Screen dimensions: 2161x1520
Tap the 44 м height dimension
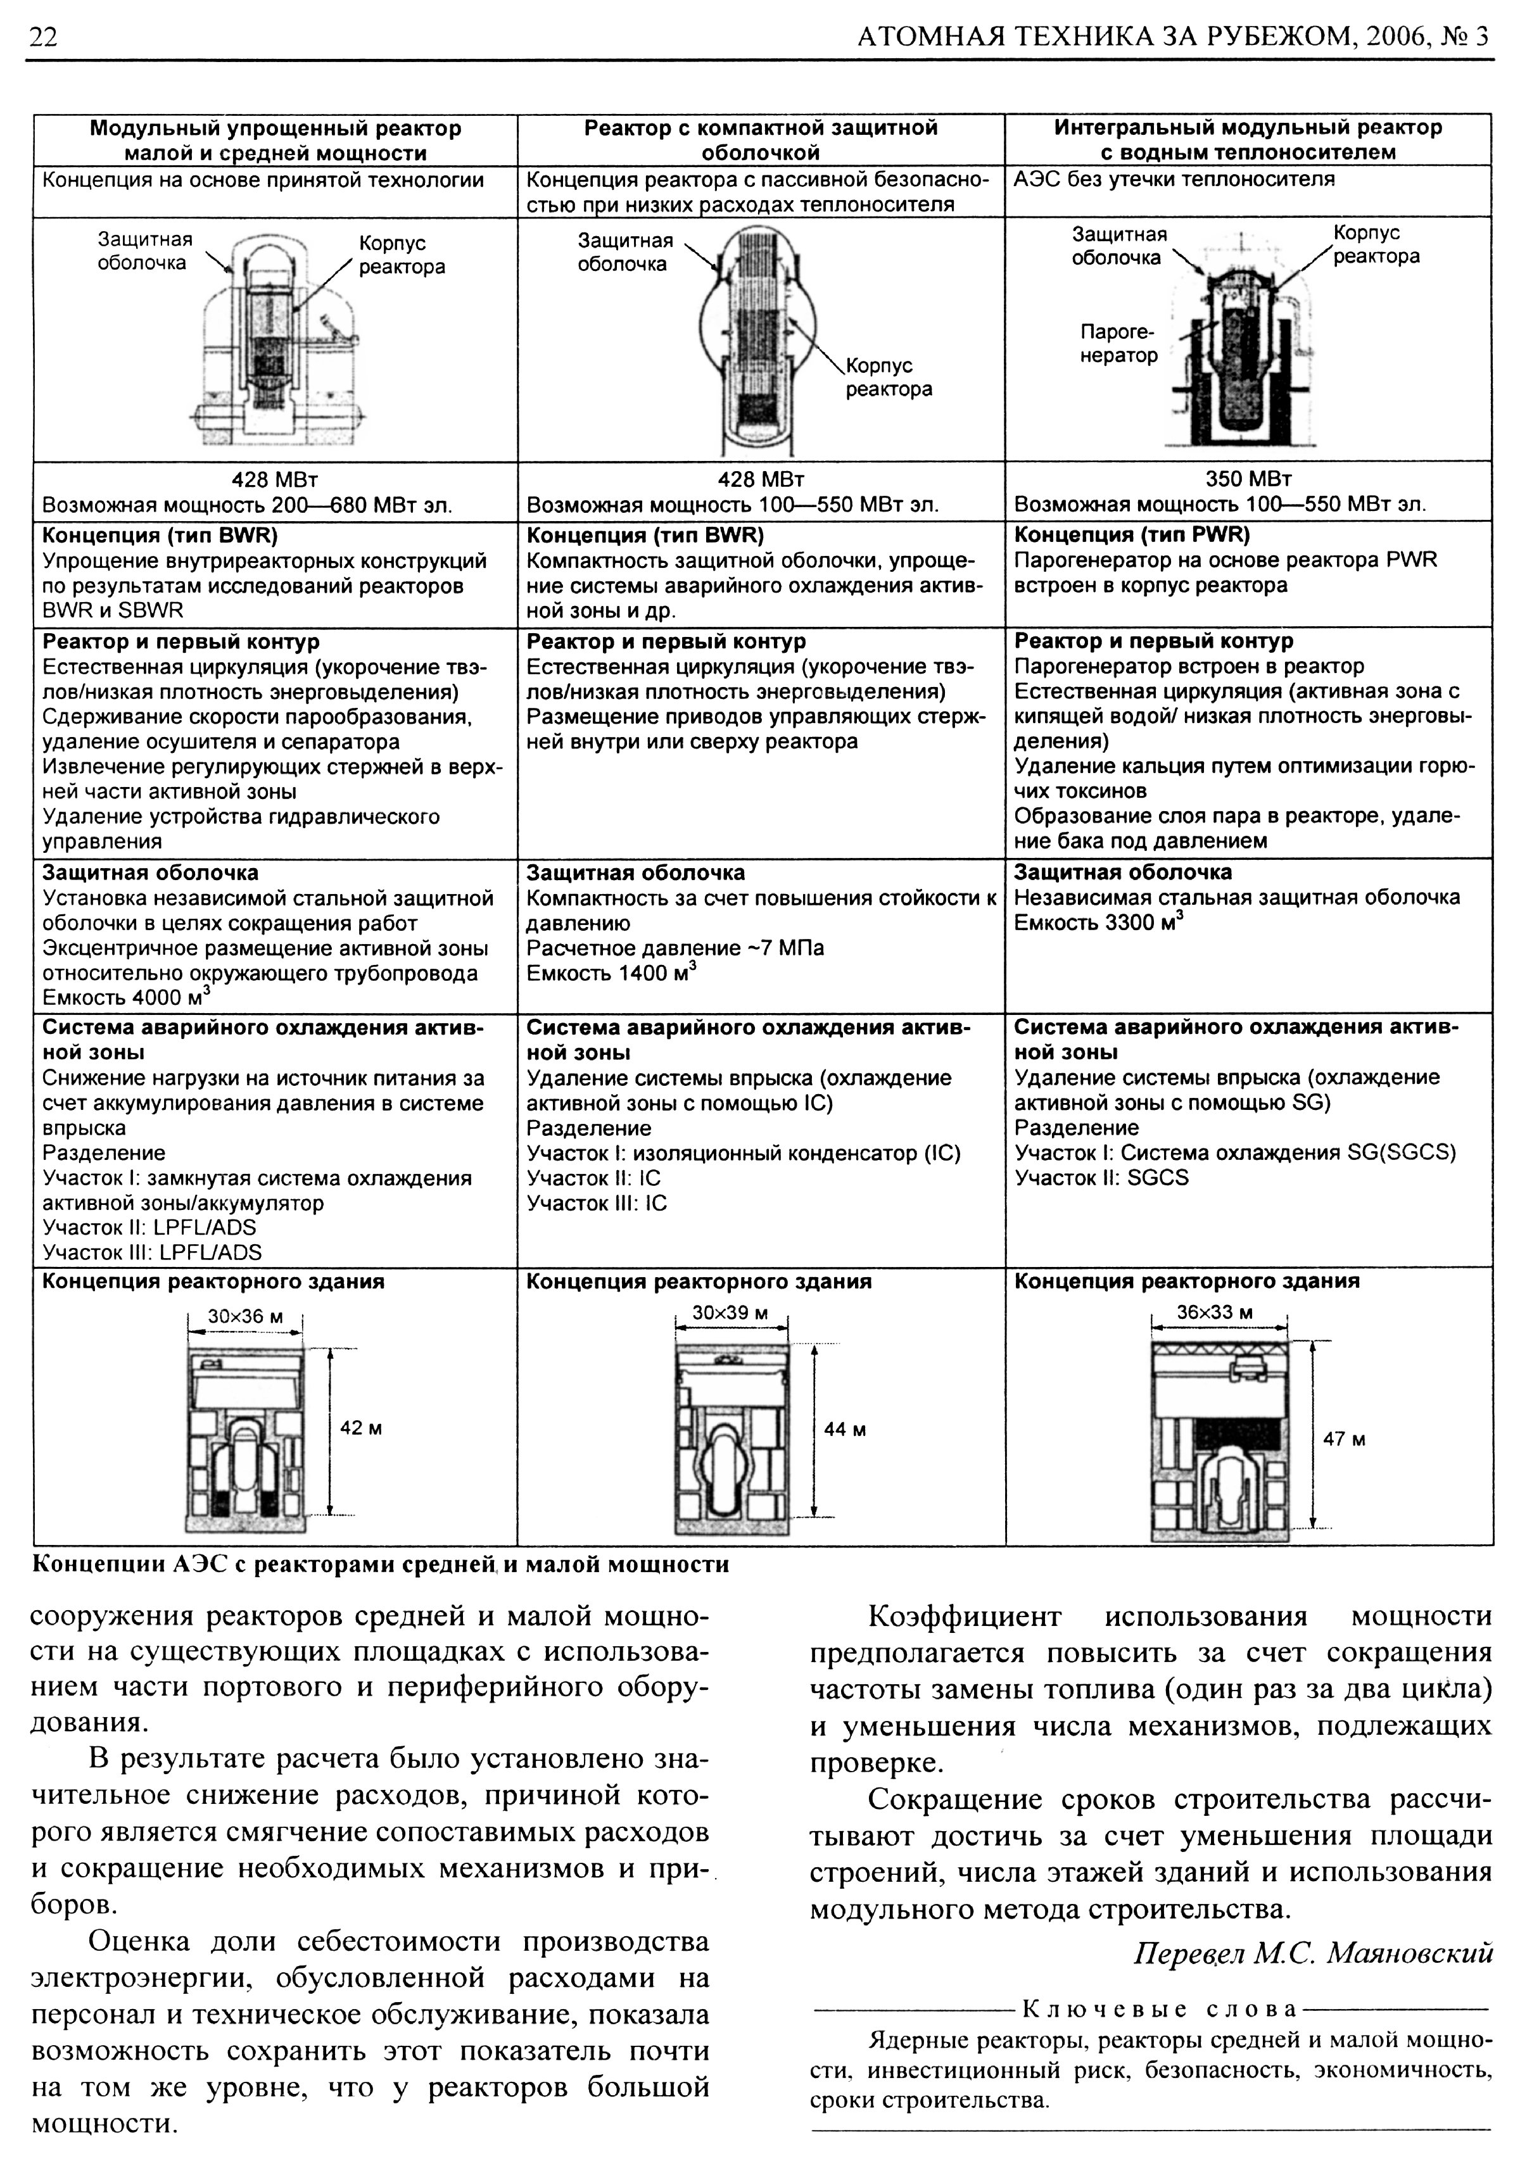(844, 1430)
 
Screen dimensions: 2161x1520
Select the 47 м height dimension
(1343, 1439)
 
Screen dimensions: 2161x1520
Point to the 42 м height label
(360, 1428)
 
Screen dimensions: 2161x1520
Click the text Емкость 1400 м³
(611, 973)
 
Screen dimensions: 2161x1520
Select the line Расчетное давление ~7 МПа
(675, 948)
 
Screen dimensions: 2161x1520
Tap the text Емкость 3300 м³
(1098, 923)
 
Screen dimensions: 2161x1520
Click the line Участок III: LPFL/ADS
(153, 1253)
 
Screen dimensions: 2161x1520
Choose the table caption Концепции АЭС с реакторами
(381, 1565)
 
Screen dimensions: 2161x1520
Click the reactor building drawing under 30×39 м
(731, 1440)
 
